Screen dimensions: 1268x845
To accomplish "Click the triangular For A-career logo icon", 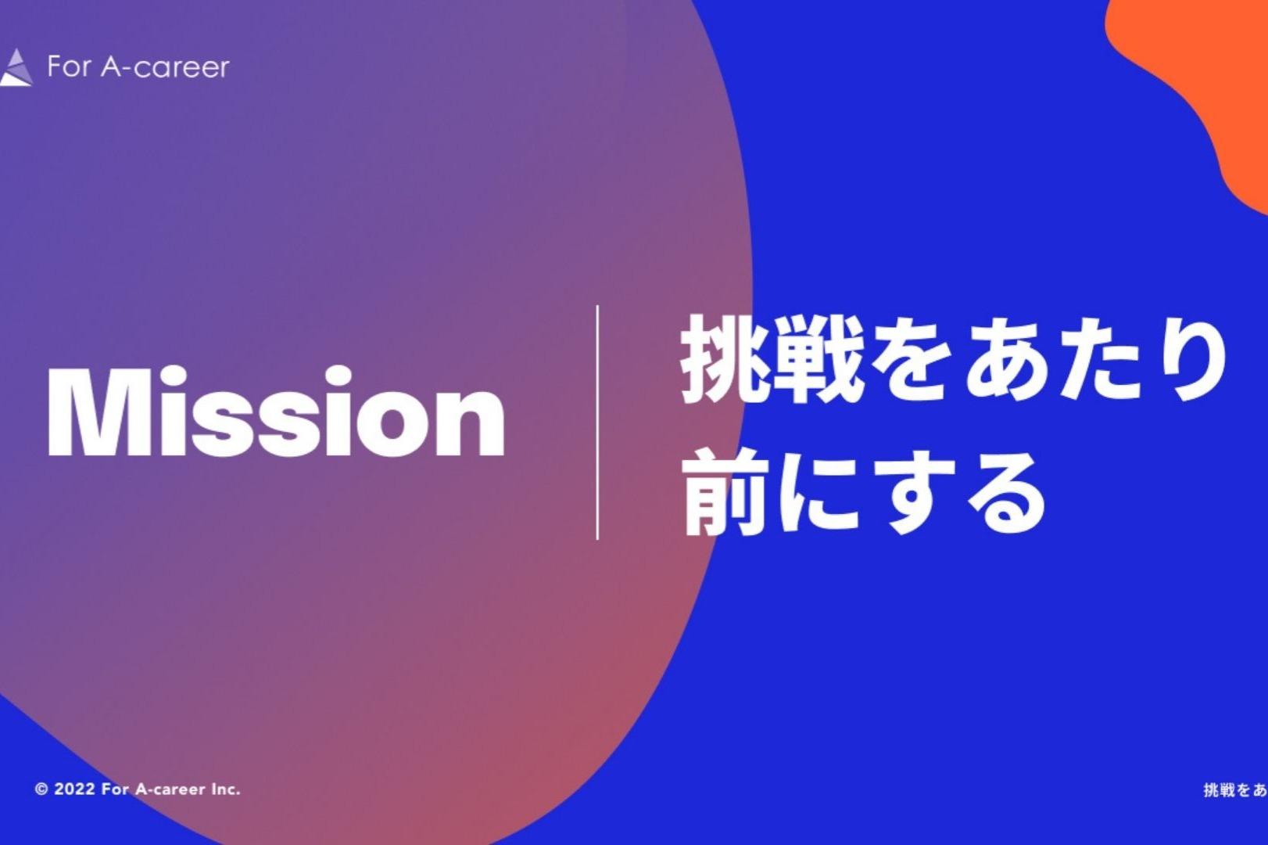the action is click(x=16, y=68).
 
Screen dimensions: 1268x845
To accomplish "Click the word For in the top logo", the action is click(x=69, y=67).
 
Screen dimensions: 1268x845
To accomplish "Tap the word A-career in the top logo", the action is click(x=165, y=67).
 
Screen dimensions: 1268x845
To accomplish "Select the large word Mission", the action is click(x=276, y=411).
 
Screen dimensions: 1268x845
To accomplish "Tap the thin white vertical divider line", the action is click(x=598, y=422).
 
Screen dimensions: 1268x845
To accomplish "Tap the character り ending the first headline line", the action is click(x=1191, y=359).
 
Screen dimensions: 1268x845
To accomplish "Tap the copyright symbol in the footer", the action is click(x=41, y=789).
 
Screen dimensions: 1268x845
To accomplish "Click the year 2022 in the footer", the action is click(x=75, y=789).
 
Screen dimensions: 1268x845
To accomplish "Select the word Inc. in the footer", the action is click(x=225, y=789).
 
